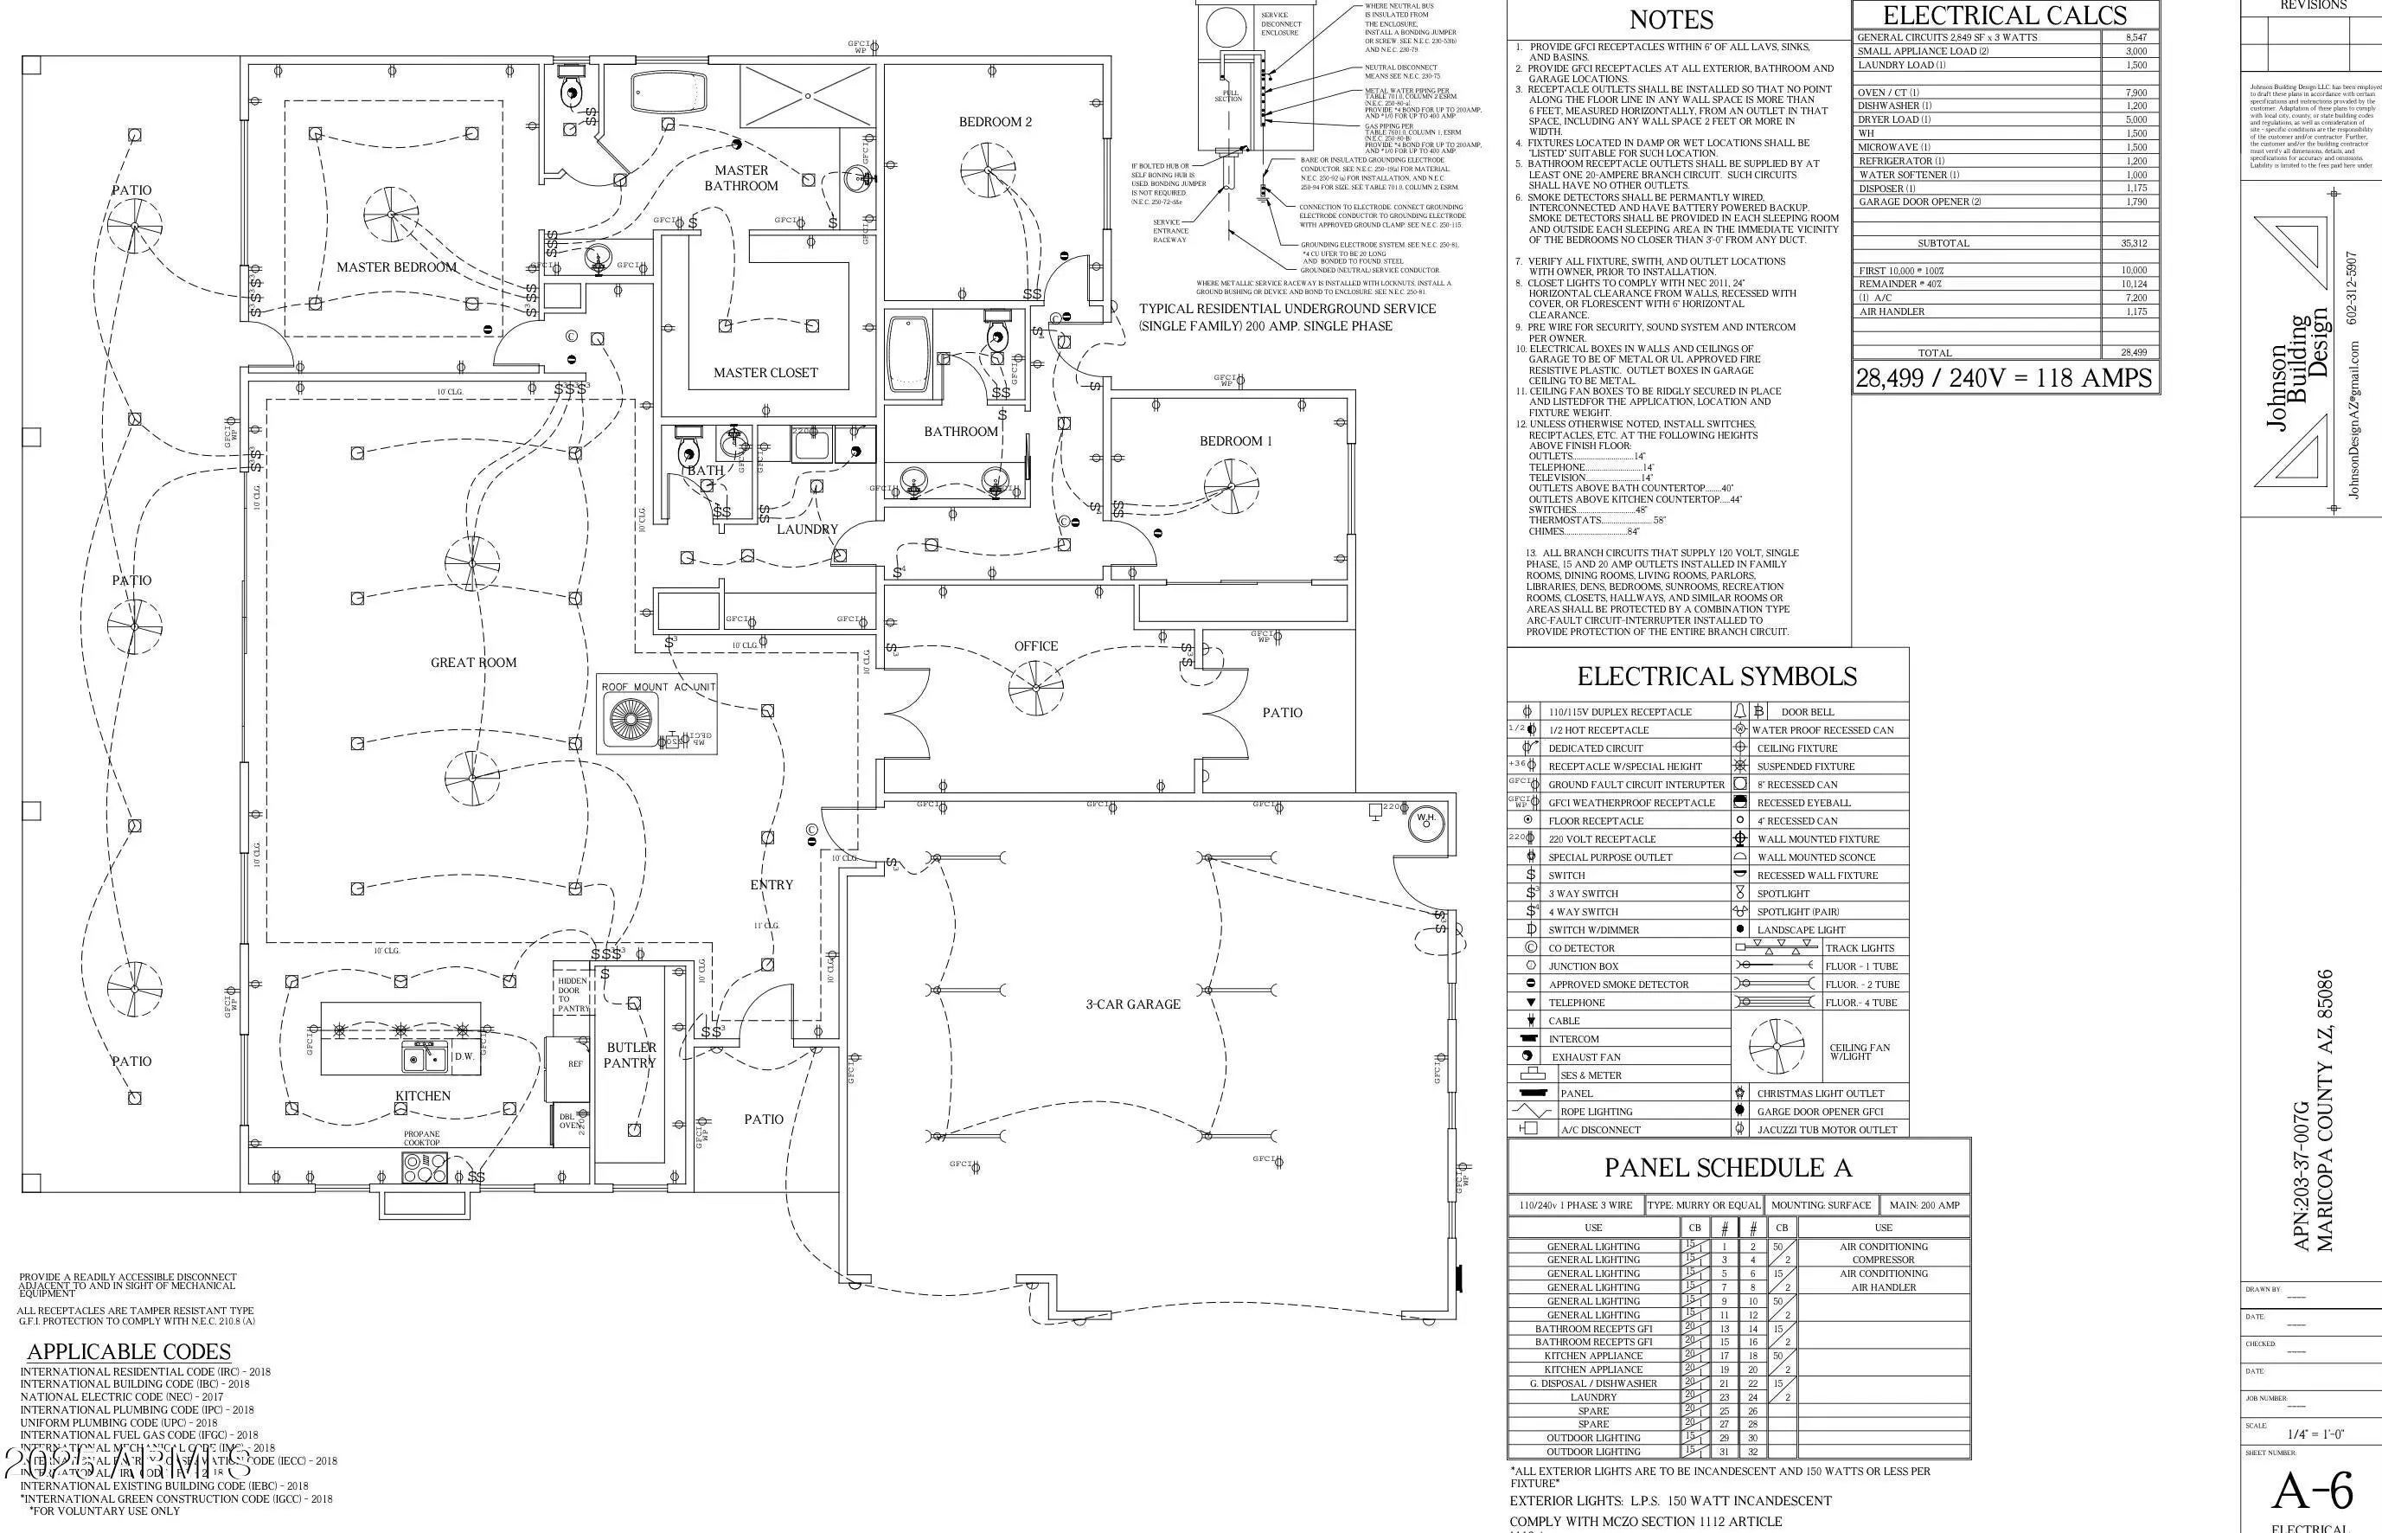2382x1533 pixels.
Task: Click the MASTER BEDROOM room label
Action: pos(396,266)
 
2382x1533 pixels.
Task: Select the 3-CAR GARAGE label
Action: pos(1132,1004)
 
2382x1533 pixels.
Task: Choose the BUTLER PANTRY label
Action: pos(631,1055)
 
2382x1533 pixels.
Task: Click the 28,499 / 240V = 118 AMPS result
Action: pos(2004,378)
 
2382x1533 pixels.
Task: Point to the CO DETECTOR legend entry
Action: pos(1581,947)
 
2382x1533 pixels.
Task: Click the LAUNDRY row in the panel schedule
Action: pos(1593,1396)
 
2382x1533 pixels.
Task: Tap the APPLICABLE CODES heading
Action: pos(130,1352)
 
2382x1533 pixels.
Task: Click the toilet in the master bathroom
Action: pos(572,92)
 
